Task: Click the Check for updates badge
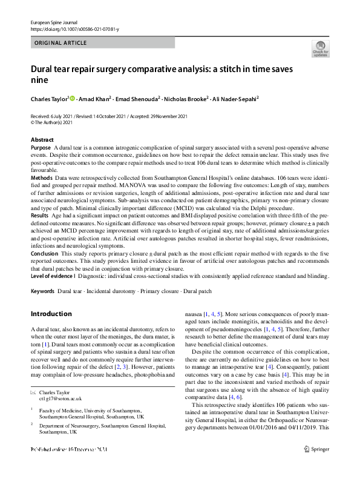point(320,48)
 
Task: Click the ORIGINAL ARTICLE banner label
point(61,43)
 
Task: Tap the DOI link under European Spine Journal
point(74,29)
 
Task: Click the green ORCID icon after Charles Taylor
point(72,97)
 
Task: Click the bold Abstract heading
point(42,140)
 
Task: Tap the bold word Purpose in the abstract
point(41,148)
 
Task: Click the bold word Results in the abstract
point(39,215)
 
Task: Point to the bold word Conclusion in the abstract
point(45,254)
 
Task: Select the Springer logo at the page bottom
point(317,466)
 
